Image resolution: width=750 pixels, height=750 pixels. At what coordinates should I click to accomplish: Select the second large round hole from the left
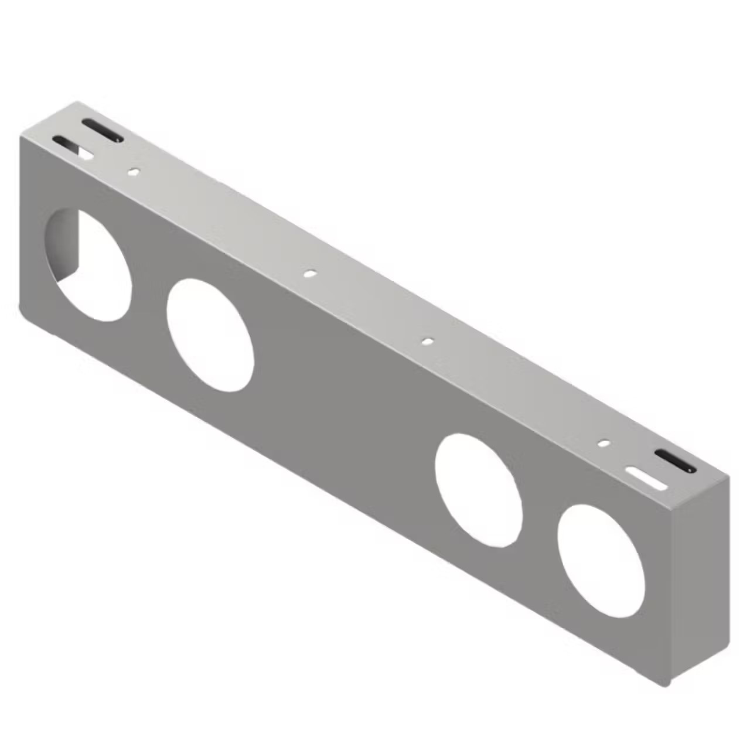pos(210,335)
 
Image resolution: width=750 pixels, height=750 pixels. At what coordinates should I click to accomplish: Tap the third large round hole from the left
pos(479,490)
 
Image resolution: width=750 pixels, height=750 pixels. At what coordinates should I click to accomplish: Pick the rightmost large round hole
pos(601,561)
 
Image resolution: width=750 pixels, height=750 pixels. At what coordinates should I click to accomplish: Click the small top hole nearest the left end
pos(134,172)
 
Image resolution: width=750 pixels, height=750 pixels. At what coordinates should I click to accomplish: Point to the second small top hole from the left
pos(309,273)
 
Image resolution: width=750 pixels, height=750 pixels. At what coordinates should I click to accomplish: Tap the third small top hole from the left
pos(428,340)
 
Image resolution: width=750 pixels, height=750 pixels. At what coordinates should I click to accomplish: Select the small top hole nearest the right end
pos(603,443)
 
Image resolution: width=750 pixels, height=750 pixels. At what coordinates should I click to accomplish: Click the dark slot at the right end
pos(674,461)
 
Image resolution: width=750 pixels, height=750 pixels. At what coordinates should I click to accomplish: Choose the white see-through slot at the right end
pos(646,478)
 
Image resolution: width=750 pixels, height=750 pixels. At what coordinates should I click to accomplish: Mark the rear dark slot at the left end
pos(103,130)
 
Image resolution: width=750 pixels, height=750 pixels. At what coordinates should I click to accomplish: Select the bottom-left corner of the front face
pos(23,311)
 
